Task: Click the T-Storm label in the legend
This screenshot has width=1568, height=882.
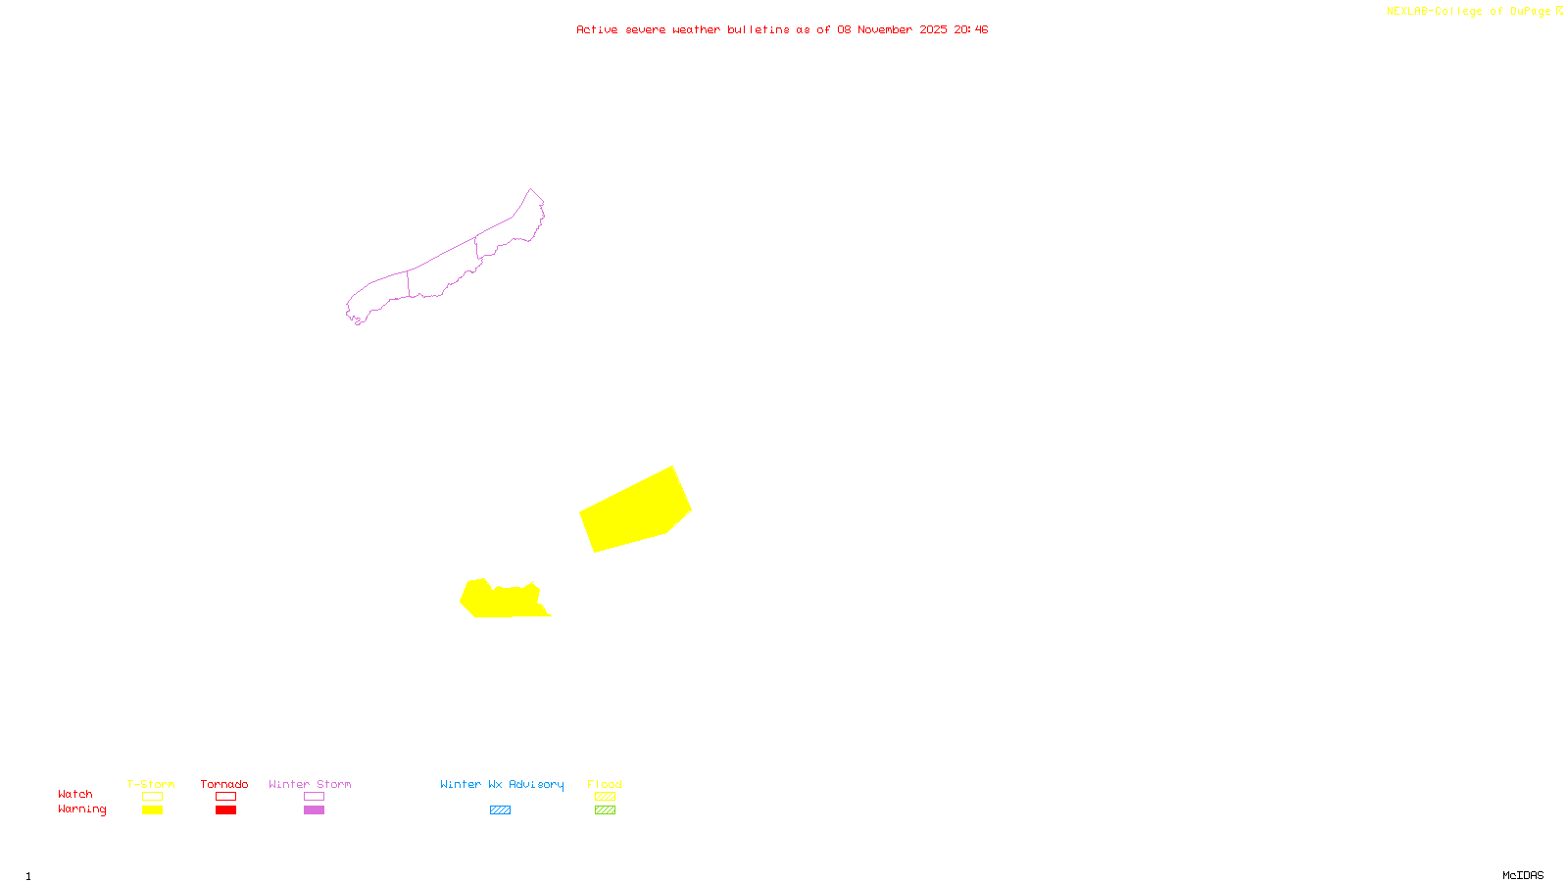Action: (151, 784)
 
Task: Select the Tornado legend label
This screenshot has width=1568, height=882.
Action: (224, 784)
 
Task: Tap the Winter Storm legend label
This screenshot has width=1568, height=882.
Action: (310, 784)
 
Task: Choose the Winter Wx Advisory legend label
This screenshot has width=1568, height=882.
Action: (502, 784)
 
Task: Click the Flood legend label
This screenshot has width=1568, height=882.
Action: (605, 784)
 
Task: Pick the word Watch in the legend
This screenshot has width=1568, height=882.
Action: (75, 794)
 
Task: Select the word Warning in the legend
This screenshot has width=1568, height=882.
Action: (82, 809)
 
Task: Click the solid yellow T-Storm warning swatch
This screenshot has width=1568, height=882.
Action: (152, 810)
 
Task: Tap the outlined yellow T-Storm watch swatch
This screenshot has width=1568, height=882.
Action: (152, 797)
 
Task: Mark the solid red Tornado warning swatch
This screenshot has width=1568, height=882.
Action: (226, 810)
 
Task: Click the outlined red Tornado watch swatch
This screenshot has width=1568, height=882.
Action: (226, 797)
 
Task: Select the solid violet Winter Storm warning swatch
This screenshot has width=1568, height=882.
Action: (314, 810)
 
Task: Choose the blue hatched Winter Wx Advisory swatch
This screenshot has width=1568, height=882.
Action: (500, 810)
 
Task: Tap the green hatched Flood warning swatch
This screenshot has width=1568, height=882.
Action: (606, 810)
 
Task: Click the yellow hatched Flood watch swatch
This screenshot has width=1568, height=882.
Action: (606, 797)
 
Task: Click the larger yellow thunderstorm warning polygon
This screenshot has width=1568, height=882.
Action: (635, 511)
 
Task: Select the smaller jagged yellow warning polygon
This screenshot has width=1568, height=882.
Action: (503, 600)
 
